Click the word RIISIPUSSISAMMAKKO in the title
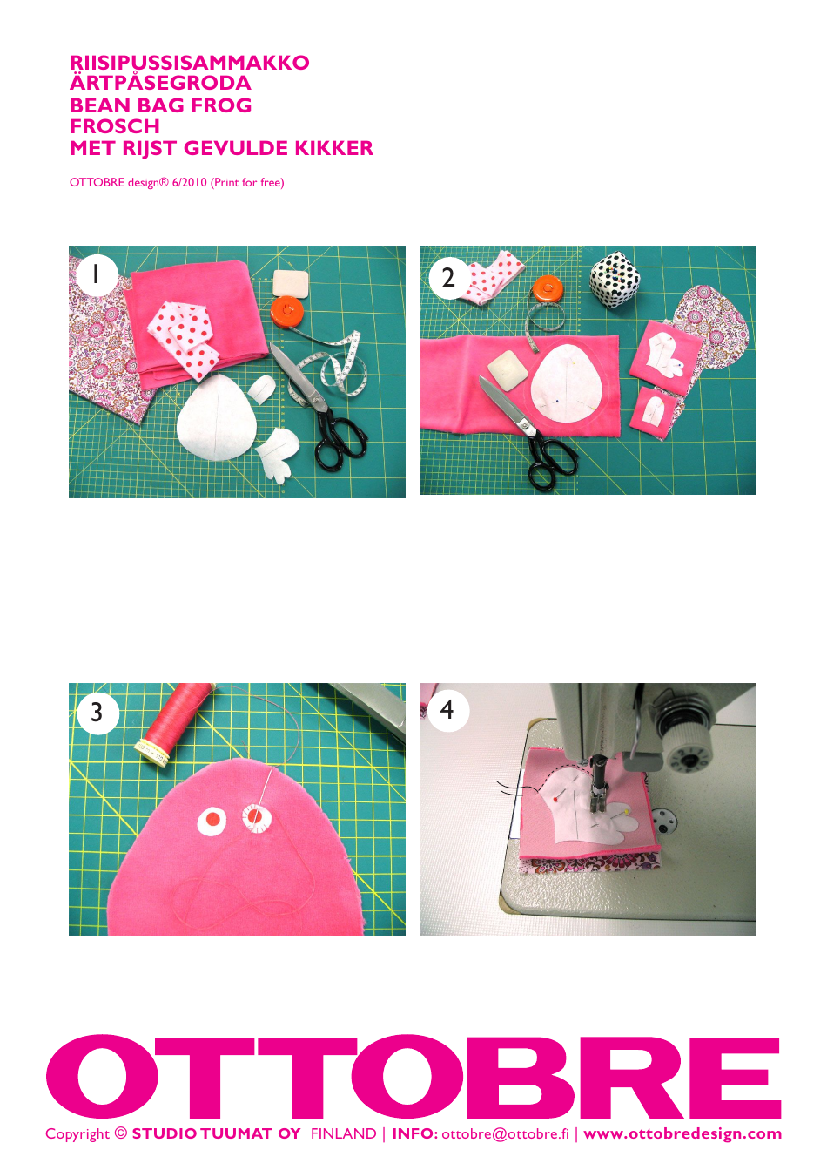point(189,63)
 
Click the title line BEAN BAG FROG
point(160,105)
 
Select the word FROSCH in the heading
point(114,126)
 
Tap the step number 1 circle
point(96,274)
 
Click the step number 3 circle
point(97,712)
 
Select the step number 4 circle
point(447,709)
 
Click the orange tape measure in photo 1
point(286,311)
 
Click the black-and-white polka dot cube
point(617,281)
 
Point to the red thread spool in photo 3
point(178,720)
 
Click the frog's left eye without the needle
point(212,820)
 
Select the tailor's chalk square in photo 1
point(292,282)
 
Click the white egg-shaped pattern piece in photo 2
point(567,384)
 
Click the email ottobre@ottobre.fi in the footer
point(505,1133)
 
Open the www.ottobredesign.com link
point(682,1133)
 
